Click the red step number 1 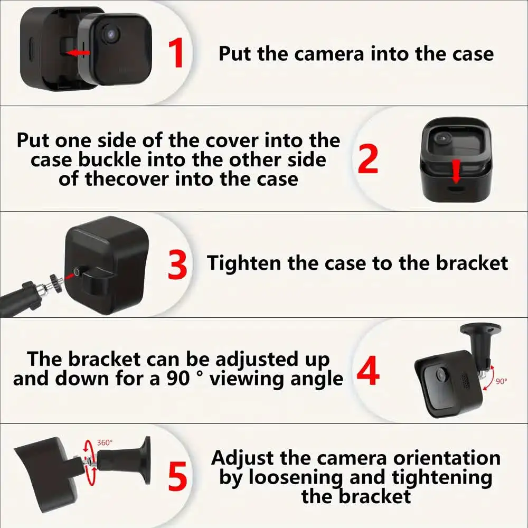[x=176, y=53]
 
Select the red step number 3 [x=177, y=265]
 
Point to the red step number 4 [x=368, y=372]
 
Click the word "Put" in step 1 [x=236, y=53]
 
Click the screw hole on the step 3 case [x=77, y=271]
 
